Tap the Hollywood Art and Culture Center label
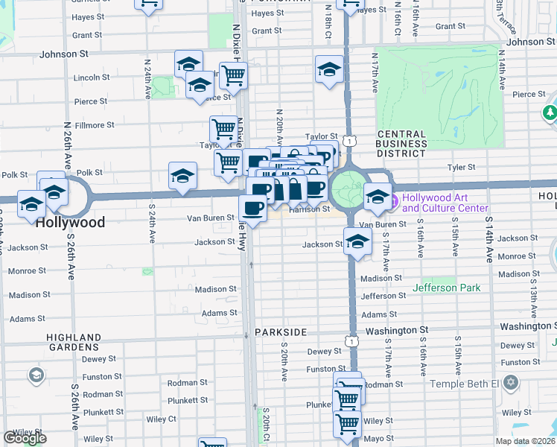445,203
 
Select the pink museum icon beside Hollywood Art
395,199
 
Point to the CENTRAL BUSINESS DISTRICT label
401,143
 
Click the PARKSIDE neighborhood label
281,331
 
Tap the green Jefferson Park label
446,288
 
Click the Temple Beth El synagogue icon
510,383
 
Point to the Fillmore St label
94,125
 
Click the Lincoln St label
92,77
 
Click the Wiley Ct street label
182,419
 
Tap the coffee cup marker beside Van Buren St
253,209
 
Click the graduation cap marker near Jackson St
358,241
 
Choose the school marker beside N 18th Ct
328,70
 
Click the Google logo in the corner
25,438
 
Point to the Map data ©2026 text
525,441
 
